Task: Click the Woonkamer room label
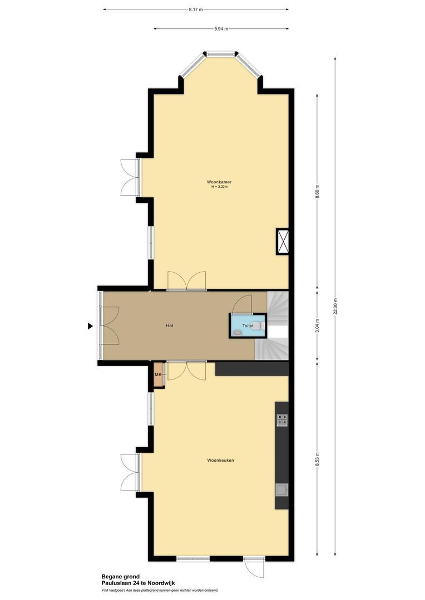coord(219,182)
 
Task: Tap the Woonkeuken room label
coord(220,460)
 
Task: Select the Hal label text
coord(169,326)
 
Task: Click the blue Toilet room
coord(248,326)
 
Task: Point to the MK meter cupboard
coord(159,375)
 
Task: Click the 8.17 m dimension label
coord(196,9)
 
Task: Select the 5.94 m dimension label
coord(221,29)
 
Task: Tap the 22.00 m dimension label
coord(335,306)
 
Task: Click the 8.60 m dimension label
coord(318,192)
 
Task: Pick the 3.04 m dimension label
coord(318,324)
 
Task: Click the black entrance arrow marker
coord(90,327)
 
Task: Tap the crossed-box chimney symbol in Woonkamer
coord(283,242)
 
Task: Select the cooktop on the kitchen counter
coord(282,421)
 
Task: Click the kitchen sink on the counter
coord(282,489)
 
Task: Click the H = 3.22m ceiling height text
coord(219,187)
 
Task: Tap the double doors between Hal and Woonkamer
coord(187,281)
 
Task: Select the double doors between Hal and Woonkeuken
coord(187,371)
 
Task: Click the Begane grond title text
coord(120,577)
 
